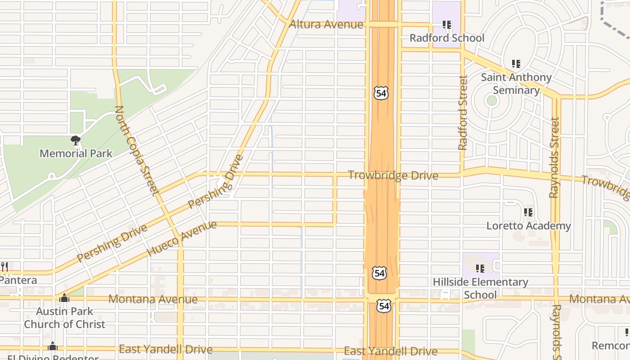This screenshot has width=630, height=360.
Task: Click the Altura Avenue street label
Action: (326, 24)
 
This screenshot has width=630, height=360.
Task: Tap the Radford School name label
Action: (447, 38)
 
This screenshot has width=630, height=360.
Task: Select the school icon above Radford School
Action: (446, 25)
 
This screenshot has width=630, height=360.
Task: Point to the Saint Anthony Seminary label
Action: (516, 84)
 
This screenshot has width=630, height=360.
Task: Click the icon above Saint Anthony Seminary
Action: (516, 64)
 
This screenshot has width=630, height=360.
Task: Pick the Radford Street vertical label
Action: (463, 112)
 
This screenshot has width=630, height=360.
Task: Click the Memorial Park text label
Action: (76, 153)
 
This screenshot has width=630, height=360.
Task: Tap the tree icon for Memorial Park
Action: (76, 140)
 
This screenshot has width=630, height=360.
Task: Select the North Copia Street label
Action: (137, 150)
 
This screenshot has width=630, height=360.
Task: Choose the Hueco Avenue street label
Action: (182, 238)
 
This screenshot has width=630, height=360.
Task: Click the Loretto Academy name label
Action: (528, 226)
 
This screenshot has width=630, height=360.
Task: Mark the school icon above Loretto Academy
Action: (528, 212)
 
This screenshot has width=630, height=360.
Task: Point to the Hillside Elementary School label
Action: (480, 288)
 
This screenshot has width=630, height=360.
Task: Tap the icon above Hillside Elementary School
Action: (480, 269)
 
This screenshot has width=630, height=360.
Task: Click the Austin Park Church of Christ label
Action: (64, 318)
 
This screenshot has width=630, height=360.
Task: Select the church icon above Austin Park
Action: (64, 298)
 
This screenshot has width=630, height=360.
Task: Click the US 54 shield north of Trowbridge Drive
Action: (381, 93)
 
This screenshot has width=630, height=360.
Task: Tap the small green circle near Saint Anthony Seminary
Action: (492, 100)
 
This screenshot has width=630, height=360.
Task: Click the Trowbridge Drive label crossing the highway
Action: (393, 175)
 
